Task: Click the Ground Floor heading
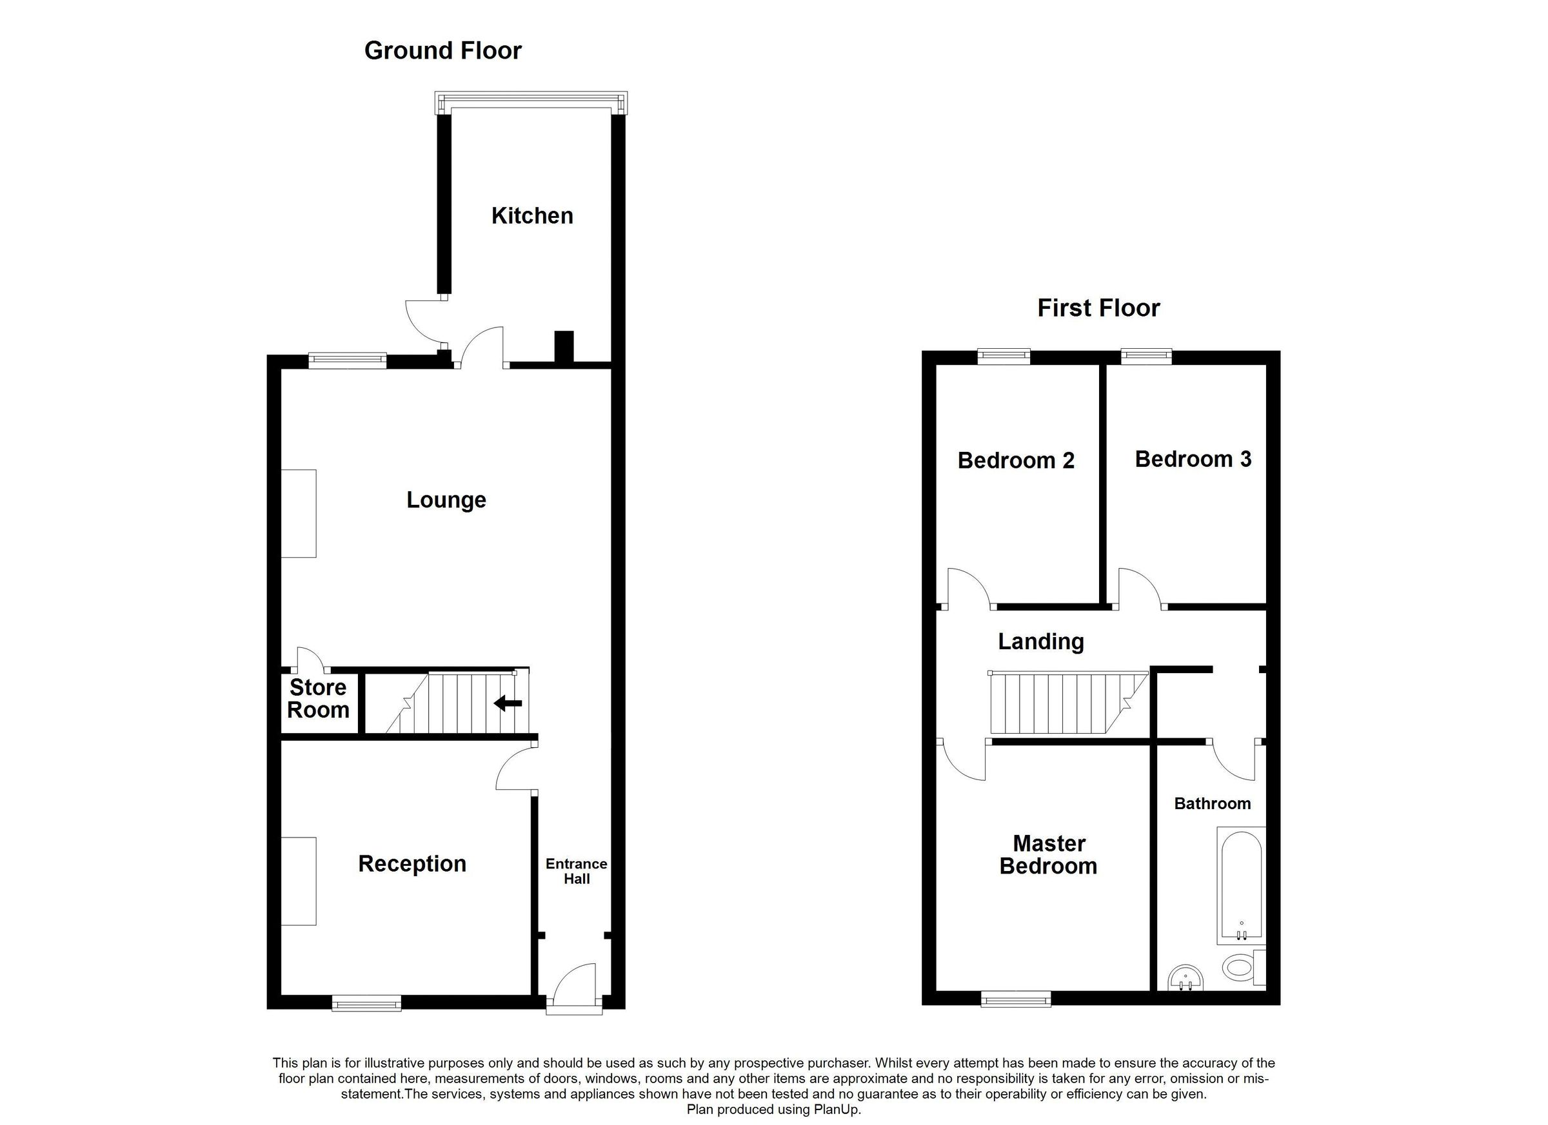coord(442,50)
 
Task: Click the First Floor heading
coord(1098,308)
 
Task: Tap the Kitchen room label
coord(531,215)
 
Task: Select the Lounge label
coord(446,500)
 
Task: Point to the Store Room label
coord(317,699)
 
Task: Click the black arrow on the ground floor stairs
coord(508,703)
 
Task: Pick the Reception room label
coord(412,864)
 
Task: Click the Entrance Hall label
coord(576,871)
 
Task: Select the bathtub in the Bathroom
coord(1241,886)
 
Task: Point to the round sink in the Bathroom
coord(1186,978)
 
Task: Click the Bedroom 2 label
coord(1016,460)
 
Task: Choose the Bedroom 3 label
coord(1193,459)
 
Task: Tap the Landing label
coord(1040,641)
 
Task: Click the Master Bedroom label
coord(1048,855)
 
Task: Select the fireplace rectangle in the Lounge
coord(298,513)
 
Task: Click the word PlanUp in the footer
coord(836,1110)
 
